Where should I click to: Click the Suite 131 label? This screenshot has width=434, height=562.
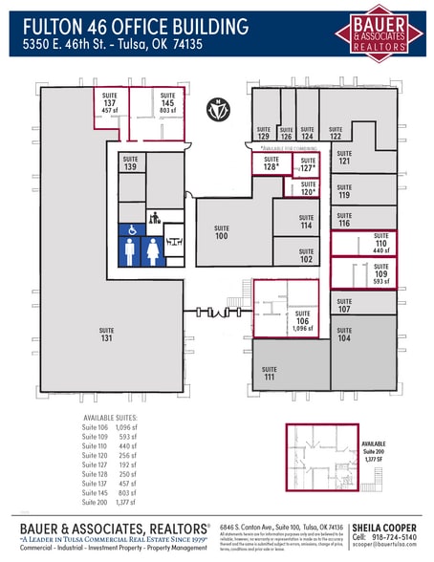(106, 335)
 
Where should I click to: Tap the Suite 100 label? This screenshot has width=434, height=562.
(222, 232)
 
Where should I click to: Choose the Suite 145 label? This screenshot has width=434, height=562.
(168, 102)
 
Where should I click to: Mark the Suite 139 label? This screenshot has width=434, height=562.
(131, 164)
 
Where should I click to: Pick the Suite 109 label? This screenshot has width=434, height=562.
(380, 278)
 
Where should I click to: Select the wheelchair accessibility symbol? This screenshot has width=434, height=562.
(129, 230)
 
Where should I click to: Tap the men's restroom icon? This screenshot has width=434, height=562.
(129, 252)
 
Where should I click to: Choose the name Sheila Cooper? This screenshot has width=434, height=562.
(383, 527)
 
